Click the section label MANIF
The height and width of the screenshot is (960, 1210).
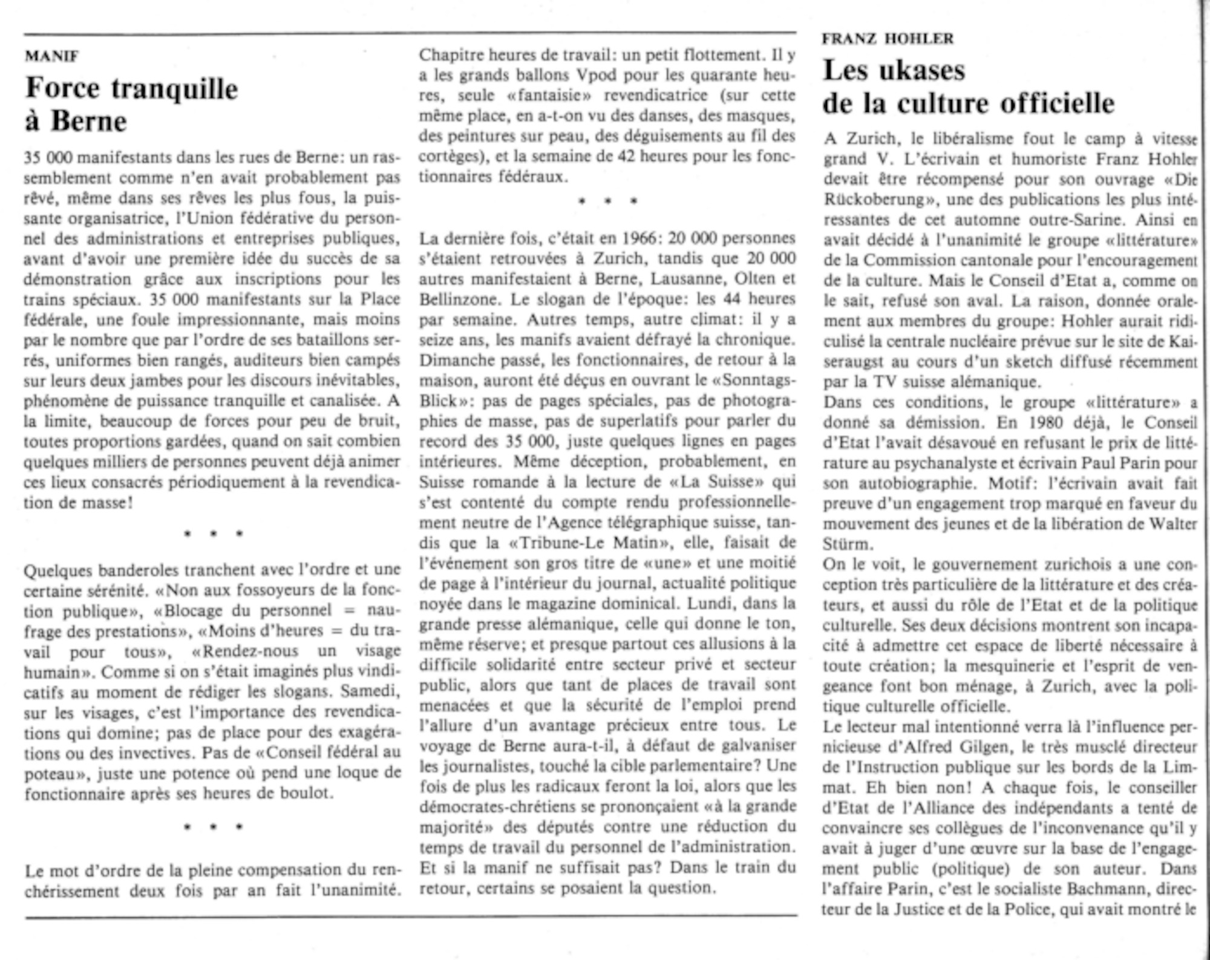[x=51, y=56]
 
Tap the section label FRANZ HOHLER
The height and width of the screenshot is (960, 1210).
[x=888, y=39]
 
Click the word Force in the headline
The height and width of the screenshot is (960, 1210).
[x=62, y=88]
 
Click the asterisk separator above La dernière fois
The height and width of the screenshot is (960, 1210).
[x=607, y=201]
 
